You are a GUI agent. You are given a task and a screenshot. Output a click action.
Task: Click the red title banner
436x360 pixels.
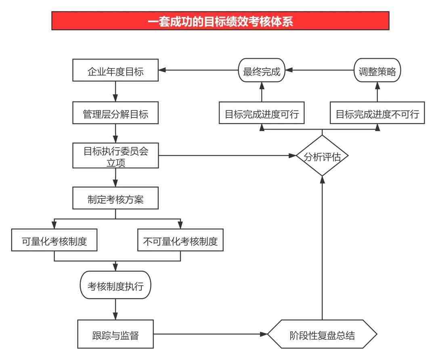tap(220, 21)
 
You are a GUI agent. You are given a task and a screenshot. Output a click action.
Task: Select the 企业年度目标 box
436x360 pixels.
tap(115, 70)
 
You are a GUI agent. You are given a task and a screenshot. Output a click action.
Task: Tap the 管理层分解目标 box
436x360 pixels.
tap(115, 113)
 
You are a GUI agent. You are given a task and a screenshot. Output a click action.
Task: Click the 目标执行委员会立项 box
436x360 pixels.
tap(115, 155)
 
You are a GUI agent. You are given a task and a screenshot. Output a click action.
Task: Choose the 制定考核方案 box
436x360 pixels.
tap(115, 198)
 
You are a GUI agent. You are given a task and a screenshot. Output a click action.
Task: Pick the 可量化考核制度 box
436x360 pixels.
tap(54, 240)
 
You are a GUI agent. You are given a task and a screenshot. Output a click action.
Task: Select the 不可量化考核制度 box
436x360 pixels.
tap(180, 240)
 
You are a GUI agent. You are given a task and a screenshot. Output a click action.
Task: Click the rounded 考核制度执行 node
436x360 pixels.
tap(115, 285)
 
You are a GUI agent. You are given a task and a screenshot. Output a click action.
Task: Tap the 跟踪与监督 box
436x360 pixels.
tap(115, 334)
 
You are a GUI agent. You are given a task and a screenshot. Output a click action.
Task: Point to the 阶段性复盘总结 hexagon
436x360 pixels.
tap(322, 334)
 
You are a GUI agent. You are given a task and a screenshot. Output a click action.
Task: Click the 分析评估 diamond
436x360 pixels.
tap(322, 156)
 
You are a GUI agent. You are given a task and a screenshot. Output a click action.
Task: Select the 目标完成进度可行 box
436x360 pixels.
tap(262, 113)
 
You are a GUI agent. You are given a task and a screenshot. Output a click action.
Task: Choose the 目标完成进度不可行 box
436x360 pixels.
tap(377, 113)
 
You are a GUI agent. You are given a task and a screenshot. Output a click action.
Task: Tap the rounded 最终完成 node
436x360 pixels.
tap(262, 70)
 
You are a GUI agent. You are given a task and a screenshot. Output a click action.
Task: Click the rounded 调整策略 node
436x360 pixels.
tap(377, 70)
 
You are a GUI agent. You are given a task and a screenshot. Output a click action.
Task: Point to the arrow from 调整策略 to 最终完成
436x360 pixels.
tap(319, 70)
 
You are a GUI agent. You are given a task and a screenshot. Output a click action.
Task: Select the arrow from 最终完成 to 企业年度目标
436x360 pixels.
tap(199, 70)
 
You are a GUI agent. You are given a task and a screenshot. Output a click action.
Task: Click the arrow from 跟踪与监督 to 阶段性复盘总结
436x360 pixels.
tap(210, 334)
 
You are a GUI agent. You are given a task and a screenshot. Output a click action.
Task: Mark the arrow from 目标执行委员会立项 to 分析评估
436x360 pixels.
tap(227, 155)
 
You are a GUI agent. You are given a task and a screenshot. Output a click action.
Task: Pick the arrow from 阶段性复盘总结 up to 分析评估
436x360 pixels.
tap(322, 248)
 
